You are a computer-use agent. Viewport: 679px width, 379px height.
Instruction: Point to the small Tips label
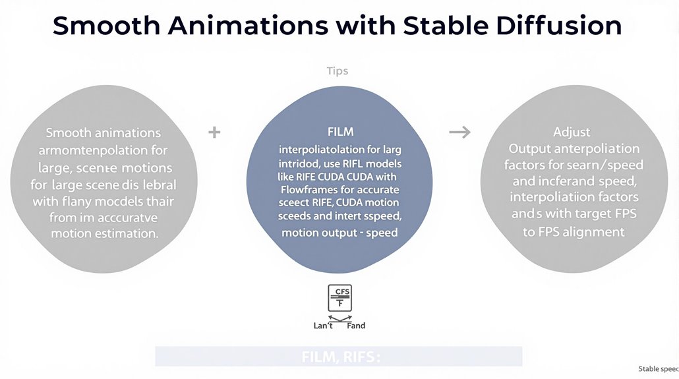click(x=338, y=71)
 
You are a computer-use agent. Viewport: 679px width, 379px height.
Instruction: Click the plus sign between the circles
click(x=214, y=132)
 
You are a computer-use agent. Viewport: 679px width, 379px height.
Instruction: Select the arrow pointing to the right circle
click(x=459, y=132)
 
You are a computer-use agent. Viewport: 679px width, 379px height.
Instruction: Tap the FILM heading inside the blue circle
click(x=340, y=132)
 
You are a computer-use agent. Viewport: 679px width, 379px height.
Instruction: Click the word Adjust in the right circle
click(x=572, y=132)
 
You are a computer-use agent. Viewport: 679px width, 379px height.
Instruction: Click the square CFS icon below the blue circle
click(x=339, y=298)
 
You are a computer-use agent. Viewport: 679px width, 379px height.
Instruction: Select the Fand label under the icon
click(x=355, y=326)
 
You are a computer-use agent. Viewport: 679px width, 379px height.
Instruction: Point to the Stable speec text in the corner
click(x=658, y=368)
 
